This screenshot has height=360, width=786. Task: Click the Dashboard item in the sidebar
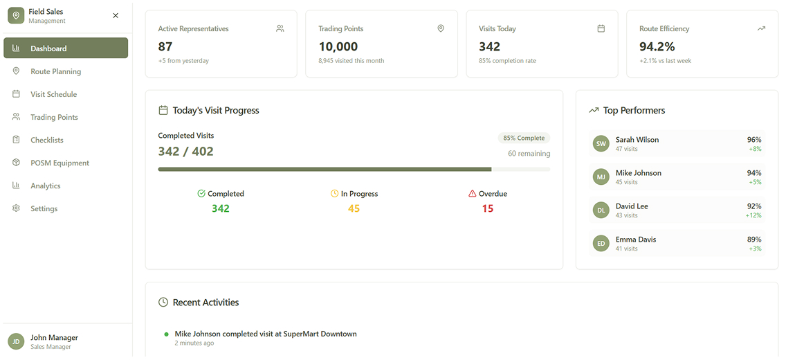(x=65, y=48)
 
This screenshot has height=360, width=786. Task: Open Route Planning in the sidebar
(x=55, y=71)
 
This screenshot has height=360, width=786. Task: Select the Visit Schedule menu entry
(x=53, y=94)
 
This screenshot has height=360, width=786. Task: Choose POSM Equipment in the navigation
(x=60, y=163)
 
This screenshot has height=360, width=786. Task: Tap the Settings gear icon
(x=16, y=208)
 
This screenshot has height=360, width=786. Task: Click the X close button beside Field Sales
(x=116, y=15)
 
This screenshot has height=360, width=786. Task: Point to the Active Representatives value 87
(x=165, y=46)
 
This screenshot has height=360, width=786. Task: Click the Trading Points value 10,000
(x=338, y=46)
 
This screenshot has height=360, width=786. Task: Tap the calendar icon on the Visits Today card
(x=601, y=28)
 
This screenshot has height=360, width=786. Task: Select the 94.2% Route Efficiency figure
(x=657, y=46)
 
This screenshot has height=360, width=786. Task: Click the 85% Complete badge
(x=524, y=138)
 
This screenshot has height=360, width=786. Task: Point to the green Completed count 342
(x=221, y=208)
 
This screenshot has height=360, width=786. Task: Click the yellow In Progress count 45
(x=354, y=208)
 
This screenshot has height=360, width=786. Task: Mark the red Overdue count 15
(x=488, y=208)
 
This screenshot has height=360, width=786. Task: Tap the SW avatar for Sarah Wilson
(x=601, y=143)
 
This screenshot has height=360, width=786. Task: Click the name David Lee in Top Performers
(x=631, y=206)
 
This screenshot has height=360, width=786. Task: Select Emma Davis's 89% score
(x=754, y=240)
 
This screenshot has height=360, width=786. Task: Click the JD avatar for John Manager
(x=16, y=341)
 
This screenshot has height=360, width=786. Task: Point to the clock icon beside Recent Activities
(x=163, y=303)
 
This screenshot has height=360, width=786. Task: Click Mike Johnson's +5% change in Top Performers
(x=755, y=182)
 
